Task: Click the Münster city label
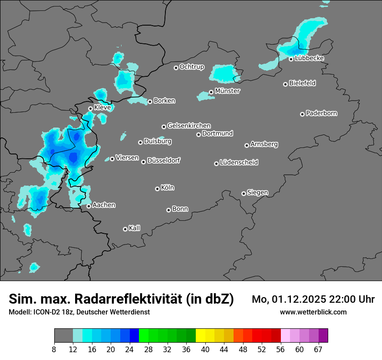[227, 91]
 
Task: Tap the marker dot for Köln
[157, 189]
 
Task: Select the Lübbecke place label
[309, 58]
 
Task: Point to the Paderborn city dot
[302, 114]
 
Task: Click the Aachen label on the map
[104, 205]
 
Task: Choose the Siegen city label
[257, 193]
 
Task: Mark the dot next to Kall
[125, 229]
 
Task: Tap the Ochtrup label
[192, 67]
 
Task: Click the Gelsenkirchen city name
[189, 126]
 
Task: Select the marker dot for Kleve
[90, 108]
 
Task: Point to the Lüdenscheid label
[239, 163]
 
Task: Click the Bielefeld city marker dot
[285, 84]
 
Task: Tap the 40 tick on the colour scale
[205, 349]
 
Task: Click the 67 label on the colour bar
[318, 349]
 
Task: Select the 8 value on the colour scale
[54, 349]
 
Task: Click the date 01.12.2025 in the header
[299, 299]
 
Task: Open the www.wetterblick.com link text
[313, 312]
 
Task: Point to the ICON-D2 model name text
[47, 312]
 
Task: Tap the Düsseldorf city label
[164, 160]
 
